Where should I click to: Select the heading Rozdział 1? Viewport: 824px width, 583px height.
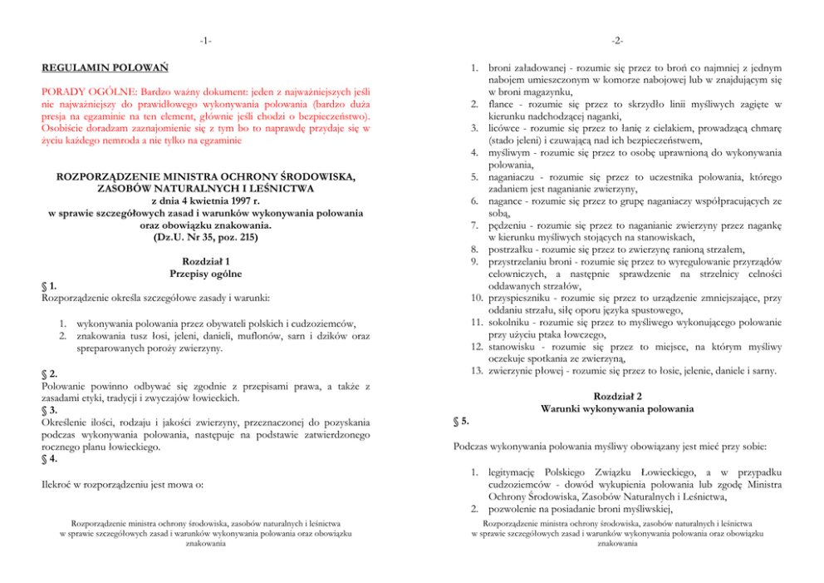205,261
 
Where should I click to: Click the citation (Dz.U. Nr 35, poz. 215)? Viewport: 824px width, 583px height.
205,237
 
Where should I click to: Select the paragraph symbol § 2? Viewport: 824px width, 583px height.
48,375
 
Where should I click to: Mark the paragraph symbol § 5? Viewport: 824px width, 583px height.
460,420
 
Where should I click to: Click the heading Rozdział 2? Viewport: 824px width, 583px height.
616,396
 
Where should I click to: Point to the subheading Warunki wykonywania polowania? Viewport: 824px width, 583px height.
616,408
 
